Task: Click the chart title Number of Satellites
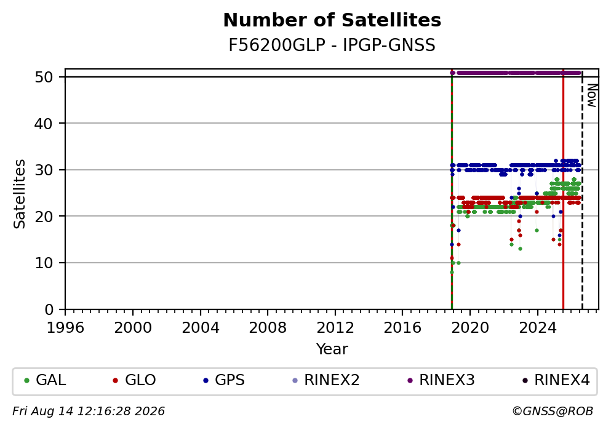click(x=332, y=20)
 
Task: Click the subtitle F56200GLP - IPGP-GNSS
click(x=332, y=46)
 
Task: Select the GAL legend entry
click(x=45, y=380)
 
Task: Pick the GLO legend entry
click(x=134, y=380)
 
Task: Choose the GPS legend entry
click(x=224, y=380)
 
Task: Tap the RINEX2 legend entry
click(x=325, y=380)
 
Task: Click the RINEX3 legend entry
click(x=441, y=380)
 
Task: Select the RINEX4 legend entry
click(x=556, y=380)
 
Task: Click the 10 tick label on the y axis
click(x=44, y=263)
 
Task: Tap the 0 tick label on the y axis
click(x=49, y=309)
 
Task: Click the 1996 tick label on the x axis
click(x=65, y=328)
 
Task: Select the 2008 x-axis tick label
click(x=268, y=328)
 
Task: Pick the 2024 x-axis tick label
click(x=537, y=328)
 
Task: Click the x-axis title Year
click(x=332, y=349)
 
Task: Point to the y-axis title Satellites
click(x=19, y=194)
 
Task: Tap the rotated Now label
click(x=592, y=96)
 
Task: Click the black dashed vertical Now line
click(x=582, y=189)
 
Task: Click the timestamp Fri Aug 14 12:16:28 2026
click(x=89, y=412)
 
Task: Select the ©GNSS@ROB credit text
click(x=553, y=412)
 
